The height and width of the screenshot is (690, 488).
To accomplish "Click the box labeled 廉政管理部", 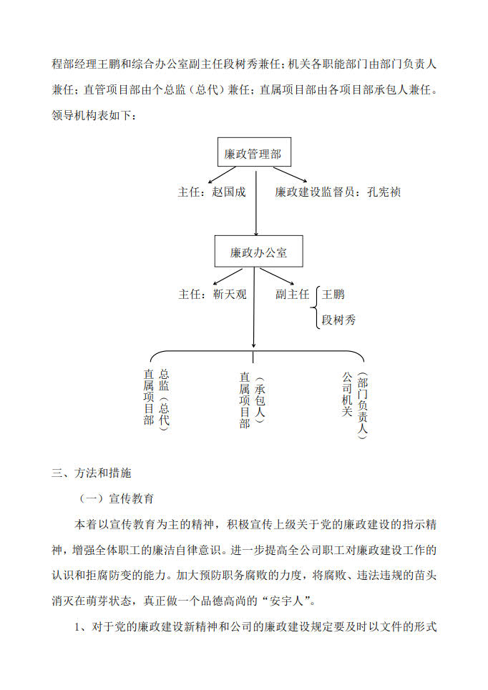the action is click(x=254, y=152).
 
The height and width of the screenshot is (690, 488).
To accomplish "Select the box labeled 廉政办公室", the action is click(x=258, y=251).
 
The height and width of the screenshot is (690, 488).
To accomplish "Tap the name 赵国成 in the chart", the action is click(x=228, y=192).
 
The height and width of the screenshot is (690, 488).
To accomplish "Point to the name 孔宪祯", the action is click(x=384, y=192).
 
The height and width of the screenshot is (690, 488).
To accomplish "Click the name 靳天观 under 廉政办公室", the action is click(x=230, y=294).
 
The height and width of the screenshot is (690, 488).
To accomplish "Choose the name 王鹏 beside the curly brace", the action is click(x=333, y=294).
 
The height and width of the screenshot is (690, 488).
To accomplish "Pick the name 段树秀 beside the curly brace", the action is click(x=338, y=320).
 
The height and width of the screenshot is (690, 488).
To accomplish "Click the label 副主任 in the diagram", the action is click(x=293, y=294).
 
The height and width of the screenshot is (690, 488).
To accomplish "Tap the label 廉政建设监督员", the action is click(x=314, y=192).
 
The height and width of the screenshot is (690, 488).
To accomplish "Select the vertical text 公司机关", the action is click(x=347, y=394).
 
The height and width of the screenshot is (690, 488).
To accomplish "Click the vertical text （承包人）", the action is click(x=259, y=400).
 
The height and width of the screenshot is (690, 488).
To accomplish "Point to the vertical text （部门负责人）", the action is click(x=362, y=405).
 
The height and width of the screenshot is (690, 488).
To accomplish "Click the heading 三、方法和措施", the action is click(x=91, y=473).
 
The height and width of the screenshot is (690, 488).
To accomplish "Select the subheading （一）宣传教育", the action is click(x=116, y=498).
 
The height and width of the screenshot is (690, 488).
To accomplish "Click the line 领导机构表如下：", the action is click(x=94, y=115).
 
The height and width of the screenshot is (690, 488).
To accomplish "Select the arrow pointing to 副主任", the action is click(x=277, y=276).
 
